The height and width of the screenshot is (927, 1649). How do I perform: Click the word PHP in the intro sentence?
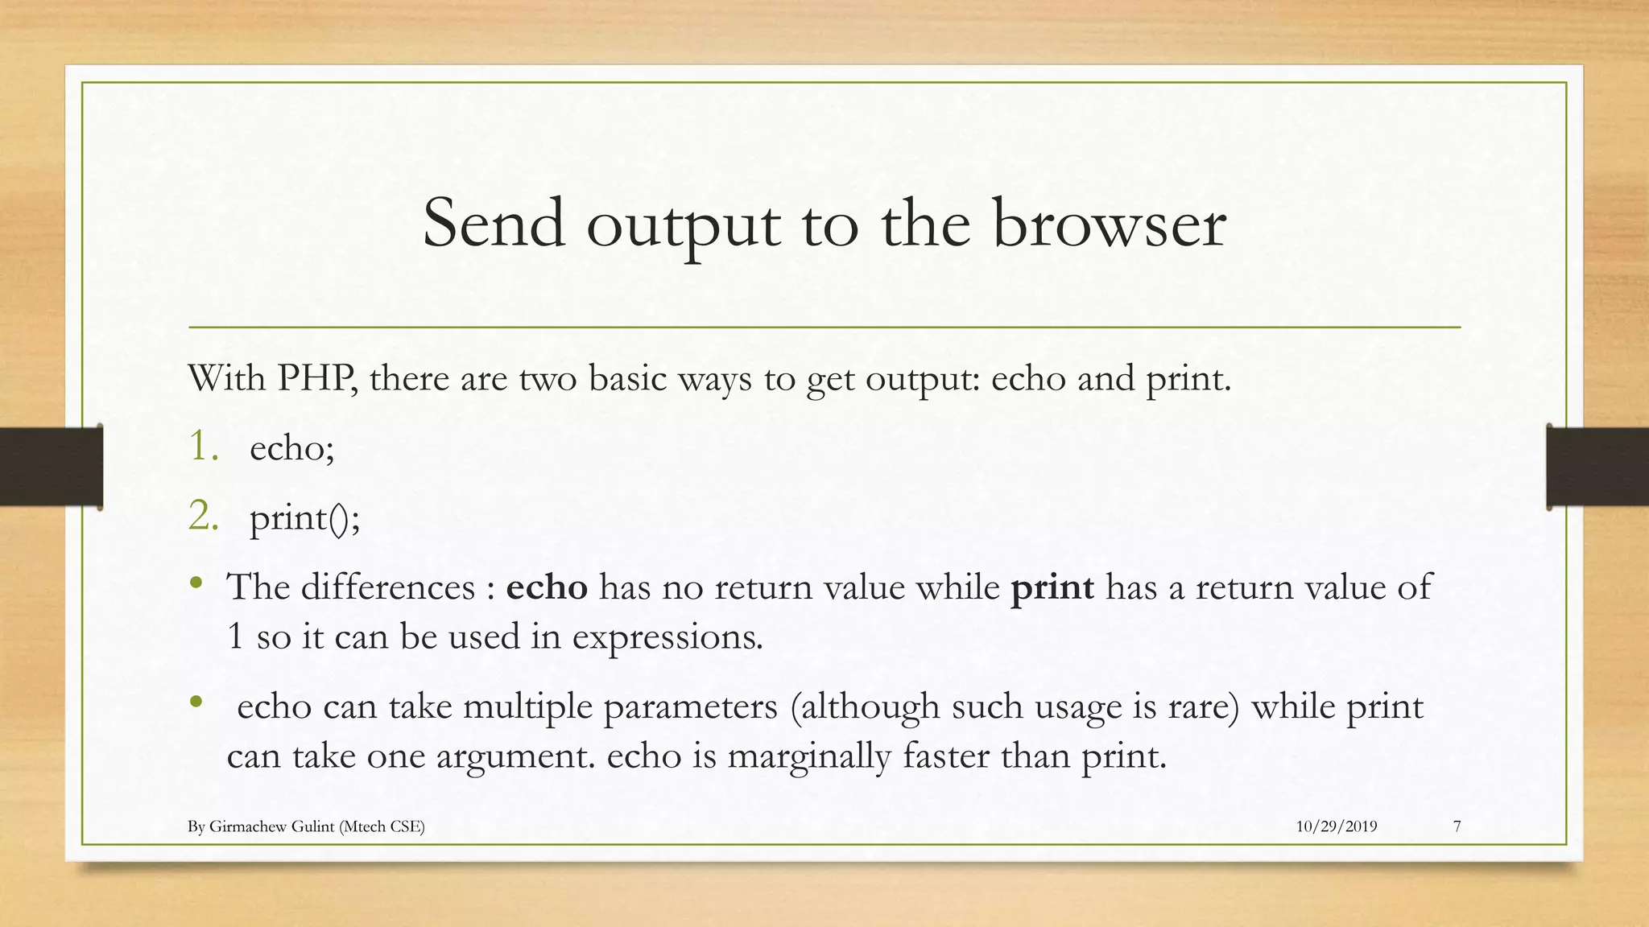[316, 377]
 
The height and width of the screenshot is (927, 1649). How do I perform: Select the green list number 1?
[201, 447]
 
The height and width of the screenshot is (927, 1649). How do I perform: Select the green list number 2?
[203, 517]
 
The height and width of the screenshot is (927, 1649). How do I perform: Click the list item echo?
[291, 447]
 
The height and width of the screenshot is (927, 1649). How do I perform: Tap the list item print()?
[304, 517]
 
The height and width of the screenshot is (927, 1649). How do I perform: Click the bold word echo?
[547, 587]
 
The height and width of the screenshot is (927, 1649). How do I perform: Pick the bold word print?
[1052, 588]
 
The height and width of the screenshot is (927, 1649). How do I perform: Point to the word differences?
[389, 587]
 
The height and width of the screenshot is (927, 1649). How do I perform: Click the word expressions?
[667, 637]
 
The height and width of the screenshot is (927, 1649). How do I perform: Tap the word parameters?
[690, 707]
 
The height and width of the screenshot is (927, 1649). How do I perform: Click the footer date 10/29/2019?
[1337, 826]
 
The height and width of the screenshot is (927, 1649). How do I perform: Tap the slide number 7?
[1457, 826]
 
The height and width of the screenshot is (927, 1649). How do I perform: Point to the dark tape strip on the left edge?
[51, 467]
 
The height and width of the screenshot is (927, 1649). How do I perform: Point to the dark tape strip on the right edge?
[1597, 467]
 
